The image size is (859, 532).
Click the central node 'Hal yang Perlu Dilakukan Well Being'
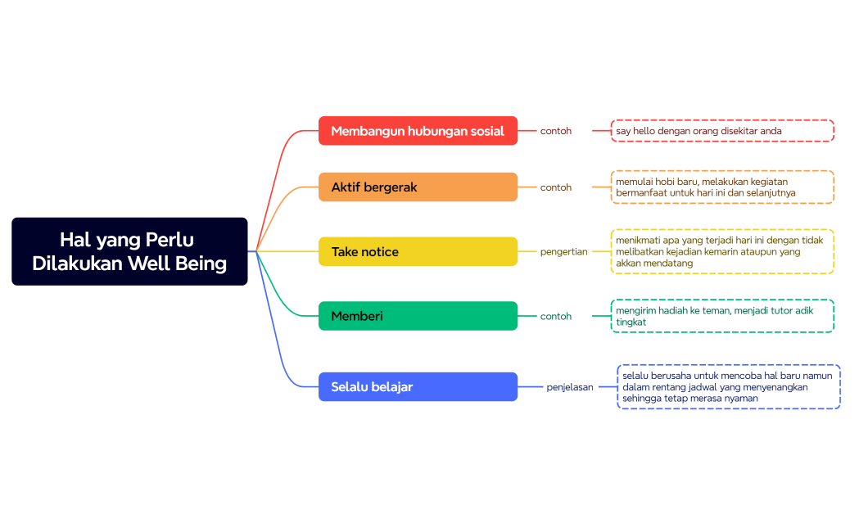[129, 251]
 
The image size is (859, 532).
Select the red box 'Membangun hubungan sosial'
[418, 131]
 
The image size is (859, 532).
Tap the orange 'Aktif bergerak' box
[418, 187]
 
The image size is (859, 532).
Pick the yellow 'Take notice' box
[418, 252]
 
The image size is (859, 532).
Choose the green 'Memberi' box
[418, 316]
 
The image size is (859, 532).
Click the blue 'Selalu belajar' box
[418, 386]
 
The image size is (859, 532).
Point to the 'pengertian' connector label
[563, 252]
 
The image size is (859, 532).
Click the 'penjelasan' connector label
[570, 387]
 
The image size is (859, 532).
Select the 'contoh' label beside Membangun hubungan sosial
[556, 131]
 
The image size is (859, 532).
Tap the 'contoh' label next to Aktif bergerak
[556, 187]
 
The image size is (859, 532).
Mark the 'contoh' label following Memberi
[556, 316]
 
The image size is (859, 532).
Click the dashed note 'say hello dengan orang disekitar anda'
[722, 131]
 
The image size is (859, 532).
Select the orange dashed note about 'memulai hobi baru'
[722, 187]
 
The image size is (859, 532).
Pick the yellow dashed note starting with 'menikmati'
[722, 252]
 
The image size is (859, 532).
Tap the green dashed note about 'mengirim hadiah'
[722, 316]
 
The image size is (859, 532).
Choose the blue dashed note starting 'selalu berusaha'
[729, 387]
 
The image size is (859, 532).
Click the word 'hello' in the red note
[646, 131]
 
